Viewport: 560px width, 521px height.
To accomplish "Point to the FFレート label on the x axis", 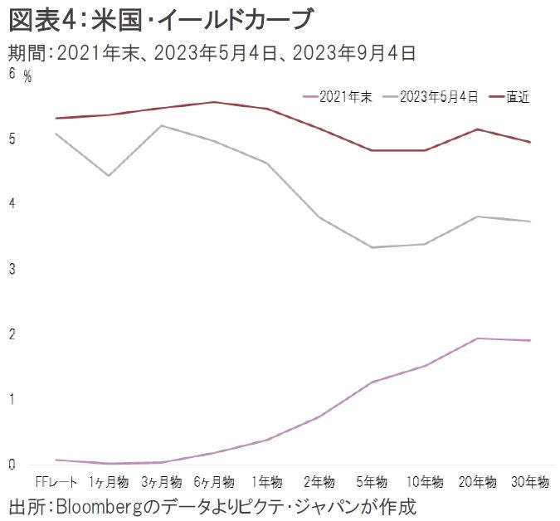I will click(56, 482).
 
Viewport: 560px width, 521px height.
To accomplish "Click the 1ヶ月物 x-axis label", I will click(109, 482).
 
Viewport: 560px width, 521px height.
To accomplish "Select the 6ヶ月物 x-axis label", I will click(213, 482).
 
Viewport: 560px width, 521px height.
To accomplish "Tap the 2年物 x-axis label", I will click(319, 482).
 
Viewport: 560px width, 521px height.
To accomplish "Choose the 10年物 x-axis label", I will click(424, 482).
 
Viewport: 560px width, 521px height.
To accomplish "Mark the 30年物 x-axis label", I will click(529, 482).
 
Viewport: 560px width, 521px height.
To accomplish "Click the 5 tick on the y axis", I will click(12, 139).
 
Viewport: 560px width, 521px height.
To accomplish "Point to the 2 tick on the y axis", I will click(12, 334).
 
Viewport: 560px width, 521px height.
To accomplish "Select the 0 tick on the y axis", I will click(12, 465).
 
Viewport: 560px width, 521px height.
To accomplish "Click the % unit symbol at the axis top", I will click(27, 77).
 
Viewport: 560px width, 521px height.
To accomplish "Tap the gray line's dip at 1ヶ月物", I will click(109, 175).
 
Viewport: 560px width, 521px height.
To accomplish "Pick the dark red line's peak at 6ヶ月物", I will click(213, 102).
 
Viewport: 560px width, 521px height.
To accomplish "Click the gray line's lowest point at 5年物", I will click(372, 247).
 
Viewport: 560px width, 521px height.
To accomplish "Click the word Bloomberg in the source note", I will click(105, 505).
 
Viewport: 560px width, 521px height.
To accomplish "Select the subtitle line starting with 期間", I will click(212, 54).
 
